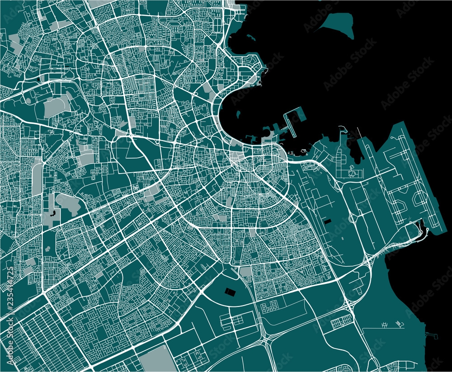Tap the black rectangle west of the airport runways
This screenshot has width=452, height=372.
pos(328,221)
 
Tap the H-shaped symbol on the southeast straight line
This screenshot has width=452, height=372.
pos(385,324)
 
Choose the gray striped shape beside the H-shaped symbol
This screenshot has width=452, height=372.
pos(398,323)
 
